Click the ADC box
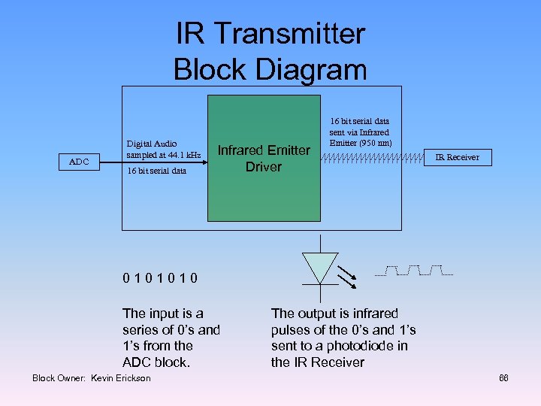pos(78,161)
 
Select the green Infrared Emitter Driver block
pos(264,158)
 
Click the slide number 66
pos(503,377)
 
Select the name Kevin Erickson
pos(120,377)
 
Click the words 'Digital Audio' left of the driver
pos(152,144)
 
